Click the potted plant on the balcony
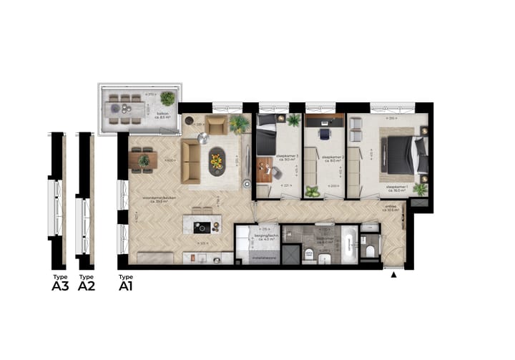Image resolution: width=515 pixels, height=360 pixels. point(168,98)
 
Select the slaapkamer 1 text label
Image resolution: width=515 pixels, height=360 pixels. point(397,189)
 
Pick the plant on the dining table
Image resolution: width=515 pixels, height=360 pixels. point(144,160)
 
